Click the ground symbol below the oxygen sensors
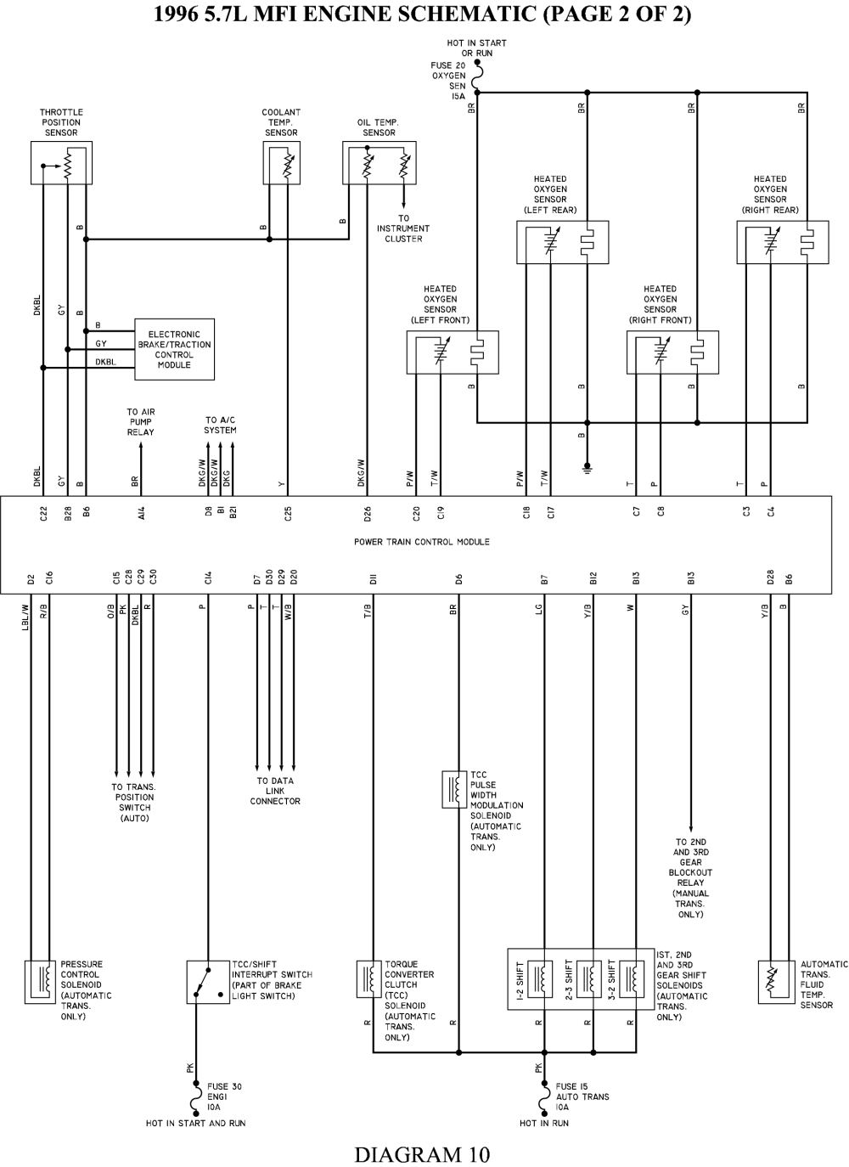(587, 467)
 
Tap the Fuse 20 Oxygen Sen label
(448, 81)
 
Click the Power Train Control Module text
(422, 542)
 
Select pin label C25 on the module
(288, 514)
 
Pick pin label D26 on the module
(368, 514)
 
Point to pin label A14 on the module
(141, 514)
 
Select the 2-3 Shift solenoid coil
(587, 979)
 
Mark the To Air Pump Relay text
(141, 422)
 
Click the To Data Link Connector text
(275, 791)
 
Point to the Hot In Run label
(543, 1123)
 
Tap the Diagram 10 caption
(423, 1154)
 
